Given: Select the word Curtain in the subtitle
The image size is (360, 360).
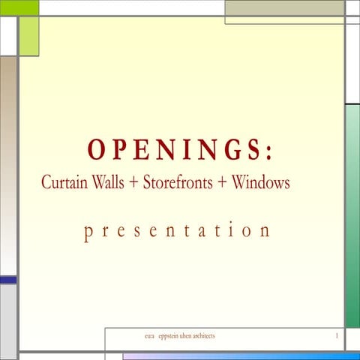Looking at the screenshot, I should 62,182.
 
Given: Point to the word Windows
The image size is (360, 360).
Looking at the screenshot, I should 260,182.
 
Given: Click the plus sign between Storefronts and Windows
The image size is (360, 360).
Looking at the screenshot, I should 223,183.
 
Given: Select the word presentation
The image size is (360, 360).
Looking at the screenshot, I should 177,230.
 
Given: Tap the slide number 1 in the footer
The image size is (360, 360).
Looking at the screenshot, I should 337,336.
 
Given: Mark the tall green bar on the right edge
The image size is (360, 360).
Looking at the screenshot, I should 352,216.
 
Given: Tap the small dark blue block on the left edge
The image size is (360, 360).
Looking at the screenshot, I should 7,280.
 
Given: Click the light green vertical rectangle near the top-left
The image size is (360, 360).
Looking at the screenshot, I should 28,36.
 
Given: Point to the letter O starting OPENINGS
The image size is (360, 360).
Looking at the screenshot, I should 96,150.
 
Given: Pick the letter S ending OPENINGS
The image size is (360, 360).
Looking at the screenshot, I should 253,150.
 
